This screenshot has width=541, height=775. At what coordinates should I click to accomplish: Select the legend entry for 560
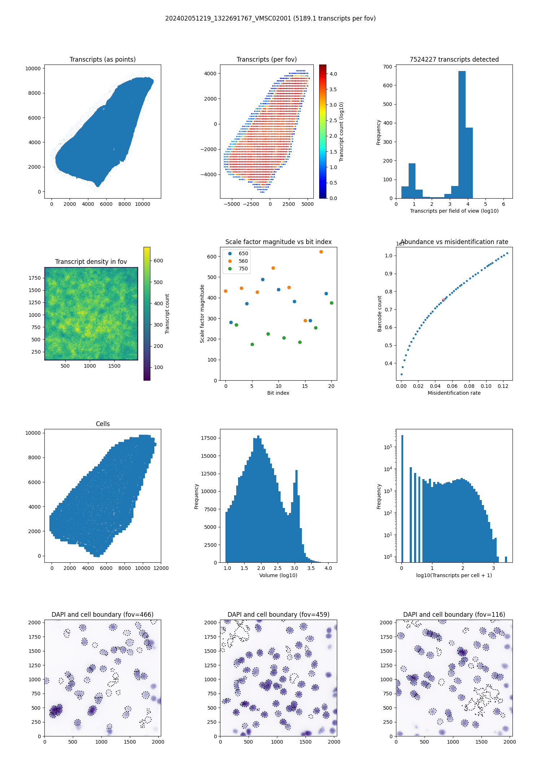[243, 261]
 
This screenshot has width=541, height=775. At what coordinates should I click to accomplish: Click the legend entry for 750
[243, 269]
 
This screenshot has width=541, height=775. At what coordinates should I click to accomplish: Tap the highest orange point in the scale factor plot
[321, 252]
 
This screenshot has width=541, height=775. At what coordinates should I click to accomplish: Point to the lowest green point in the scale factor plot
[252, 344]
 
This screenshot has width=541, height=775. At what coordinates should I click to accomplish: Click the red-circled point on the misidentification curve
[443, 300]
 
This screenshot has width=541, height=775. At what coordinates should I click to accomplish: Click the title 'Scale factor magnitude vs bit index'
[278, 242]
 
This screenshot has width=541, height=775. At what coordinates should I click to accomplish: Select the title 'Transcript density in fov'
[91, 262]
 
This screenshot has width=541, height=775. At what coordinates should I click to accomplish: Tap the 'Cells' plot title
[103, 424]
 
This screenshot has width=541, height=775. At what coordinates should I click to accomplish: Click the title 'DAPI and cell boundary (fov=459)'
[278, 615]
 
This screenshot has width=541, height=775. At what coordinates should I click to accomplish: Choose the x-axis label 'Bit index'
[278, 393]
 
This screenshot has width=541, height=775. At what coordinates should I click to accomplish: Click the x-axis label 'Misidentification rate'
[454, 393]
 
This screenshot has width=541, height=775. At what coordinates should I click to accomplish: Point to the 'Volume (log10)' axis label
[278, 575]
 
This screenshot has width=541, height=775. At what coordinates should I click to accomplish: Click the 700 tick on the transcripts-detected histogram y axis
[388, 67]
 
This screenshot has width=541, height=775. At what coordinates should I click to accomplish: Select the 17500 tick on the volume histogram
[209, 438]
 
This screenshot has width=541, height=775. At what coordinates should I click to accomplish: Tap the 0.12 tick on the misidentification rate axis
[503, 386]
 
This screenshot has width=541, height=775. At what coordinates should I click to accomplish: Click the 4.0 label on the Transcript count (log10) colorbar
[333, 74]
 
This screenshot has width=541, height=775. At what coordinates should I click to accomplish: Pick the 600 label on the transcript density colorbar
[158, 261]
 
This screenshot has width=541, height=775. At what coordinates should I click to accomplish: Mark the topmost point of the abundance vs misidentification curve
[507, 253]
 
